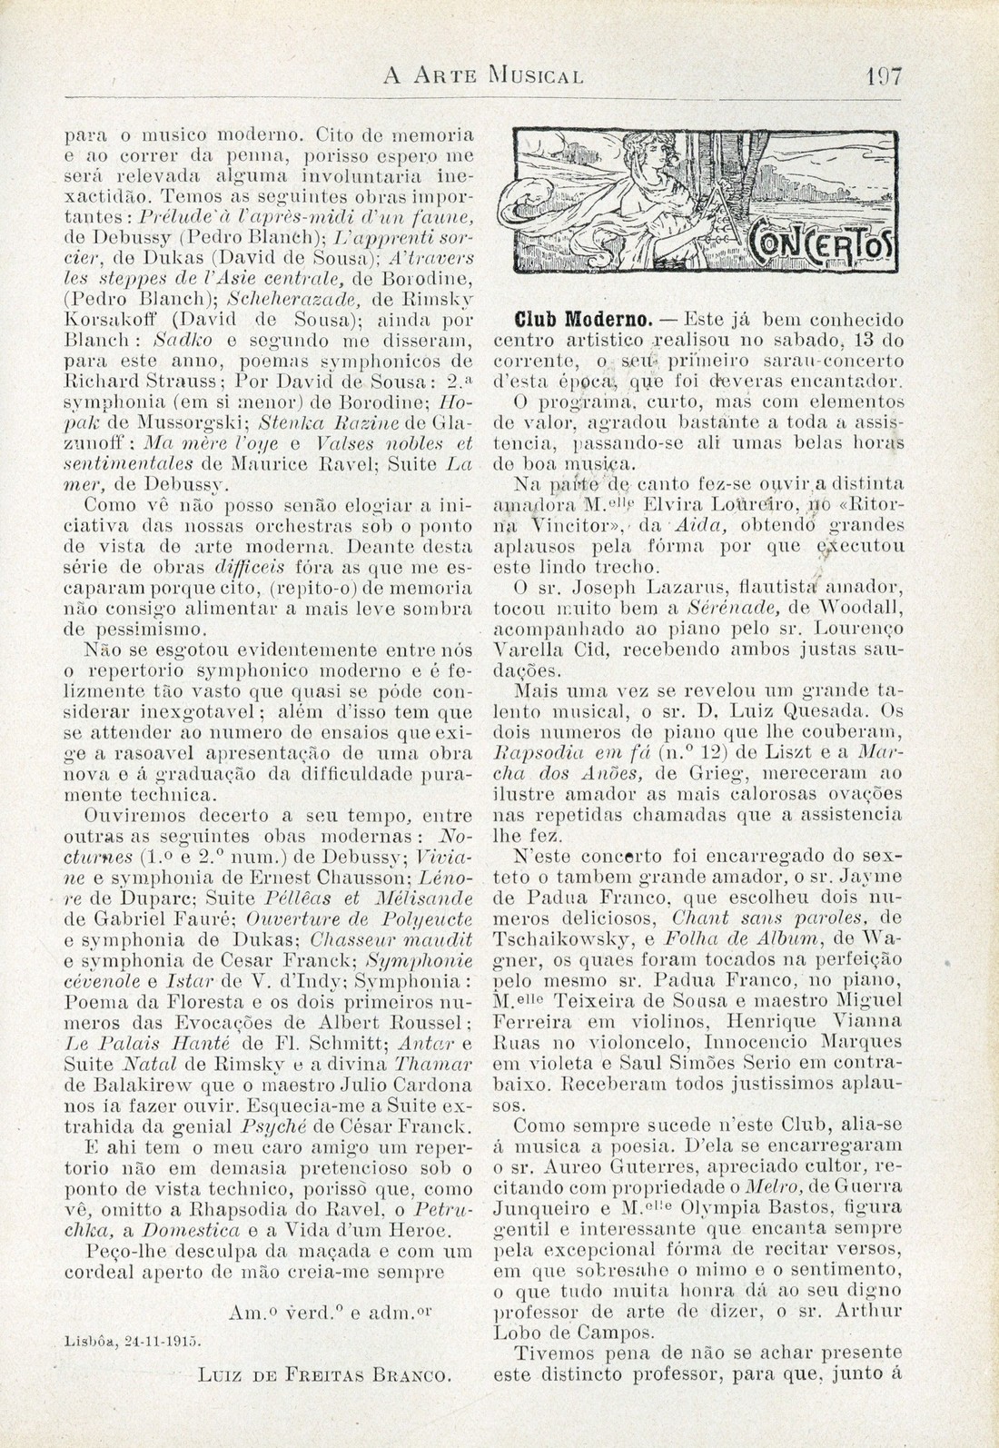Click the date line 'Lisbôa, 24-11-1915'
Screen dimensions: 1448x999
coord(134,1339)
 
